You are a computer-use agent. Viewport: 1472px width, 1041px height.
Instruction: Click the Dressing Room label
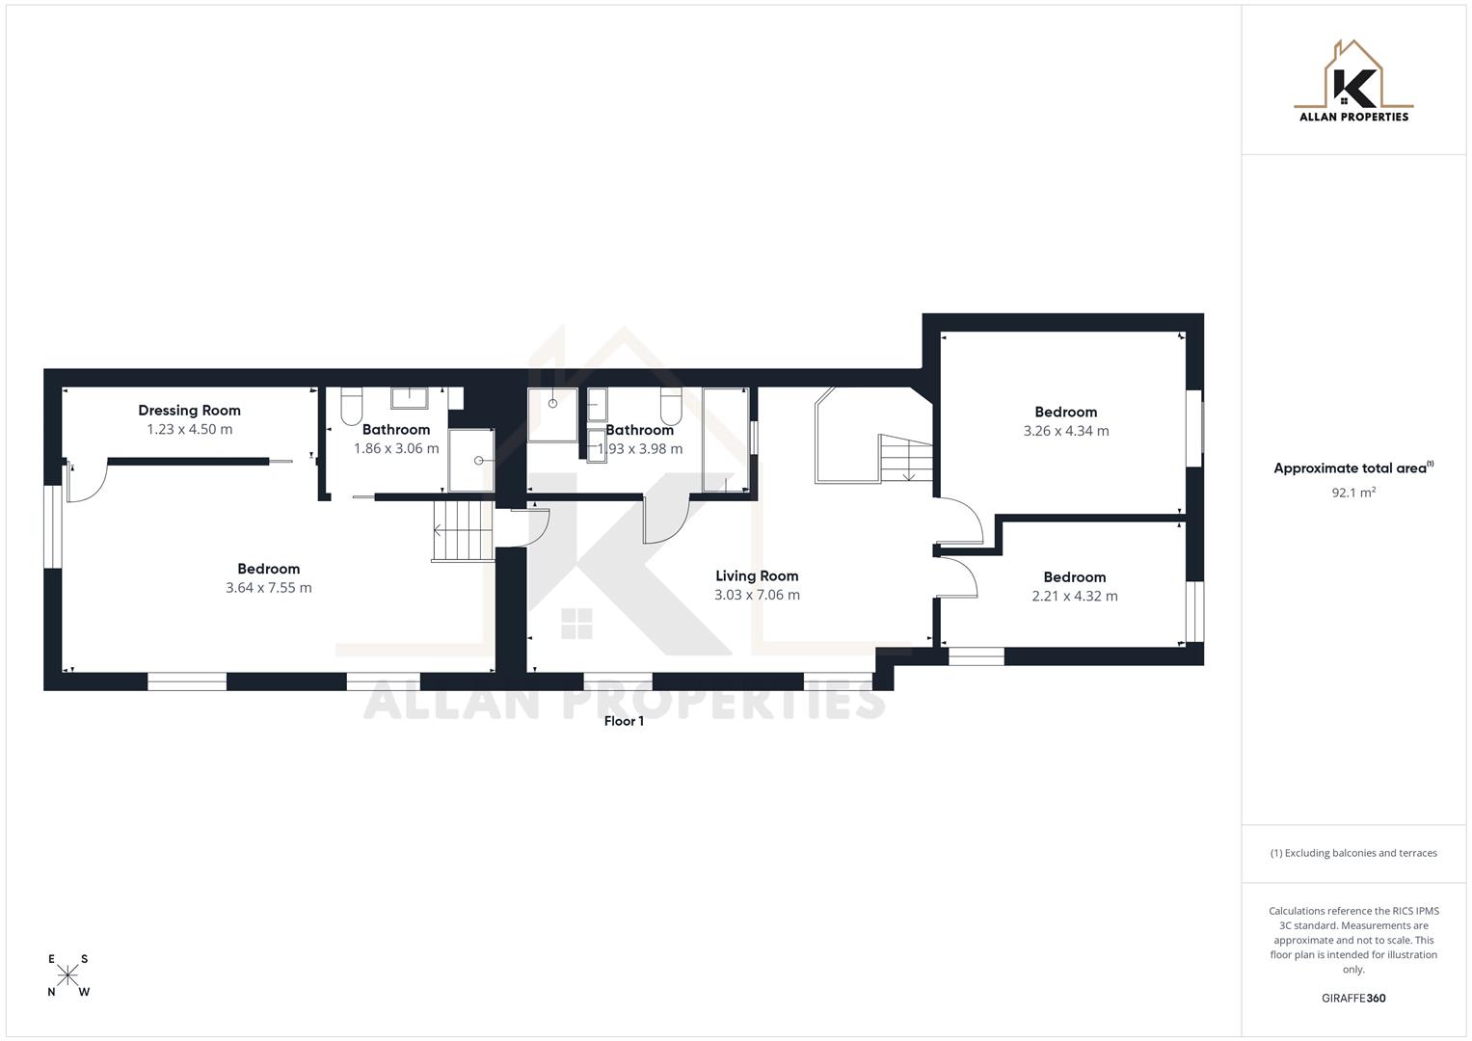(189, 411)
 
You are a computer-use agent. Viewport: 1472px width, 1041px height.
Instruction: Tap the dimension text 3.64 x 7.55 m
(269, 588)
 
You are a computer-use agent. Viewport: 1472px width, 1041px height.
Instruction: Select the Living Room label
(757, 576)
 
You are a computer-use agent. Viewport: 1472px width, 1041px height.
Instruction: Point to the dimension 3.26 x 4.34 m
(1066, 431)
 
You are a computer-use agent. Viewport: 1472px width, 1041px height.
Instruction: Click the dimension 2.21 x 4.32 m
(1075, 597)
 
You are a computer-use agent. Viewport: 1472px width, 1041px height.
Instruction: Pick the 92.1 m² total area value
(1353, 493)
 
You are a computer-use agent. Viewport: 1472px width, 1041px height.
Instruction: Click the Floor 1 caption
(624, 721)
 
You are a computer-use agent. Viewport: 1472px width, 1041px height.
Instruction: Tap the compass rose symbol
(67, 975)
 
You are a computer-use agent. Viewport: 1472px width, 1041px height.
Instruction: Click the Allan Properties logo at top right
(1353, 82)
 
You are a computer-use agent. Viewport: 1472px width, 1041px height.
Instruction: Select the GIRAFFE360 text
(1353, 999)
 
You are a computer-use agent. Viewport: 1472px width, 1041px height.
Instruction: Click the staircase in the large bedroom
(463, 531)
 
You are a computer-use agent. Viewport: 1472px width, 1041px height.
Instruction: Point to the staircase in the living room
(906, 459)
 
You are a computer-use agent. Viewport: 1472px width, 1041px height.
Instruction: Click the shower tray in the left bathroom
(471, 460)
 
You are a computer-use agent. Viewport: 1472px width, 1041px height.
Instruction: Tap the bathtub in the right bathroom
(725, 440)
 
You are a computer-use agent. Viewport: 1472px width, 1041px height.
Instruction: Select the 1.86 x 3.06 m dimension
(396, 449)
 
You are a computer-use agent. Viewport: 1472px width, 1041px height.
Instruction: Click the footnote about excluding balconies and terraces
(1353, 853)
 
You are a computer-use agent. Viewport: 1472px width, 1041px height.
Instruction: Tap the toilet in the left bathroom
(351, 408)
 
